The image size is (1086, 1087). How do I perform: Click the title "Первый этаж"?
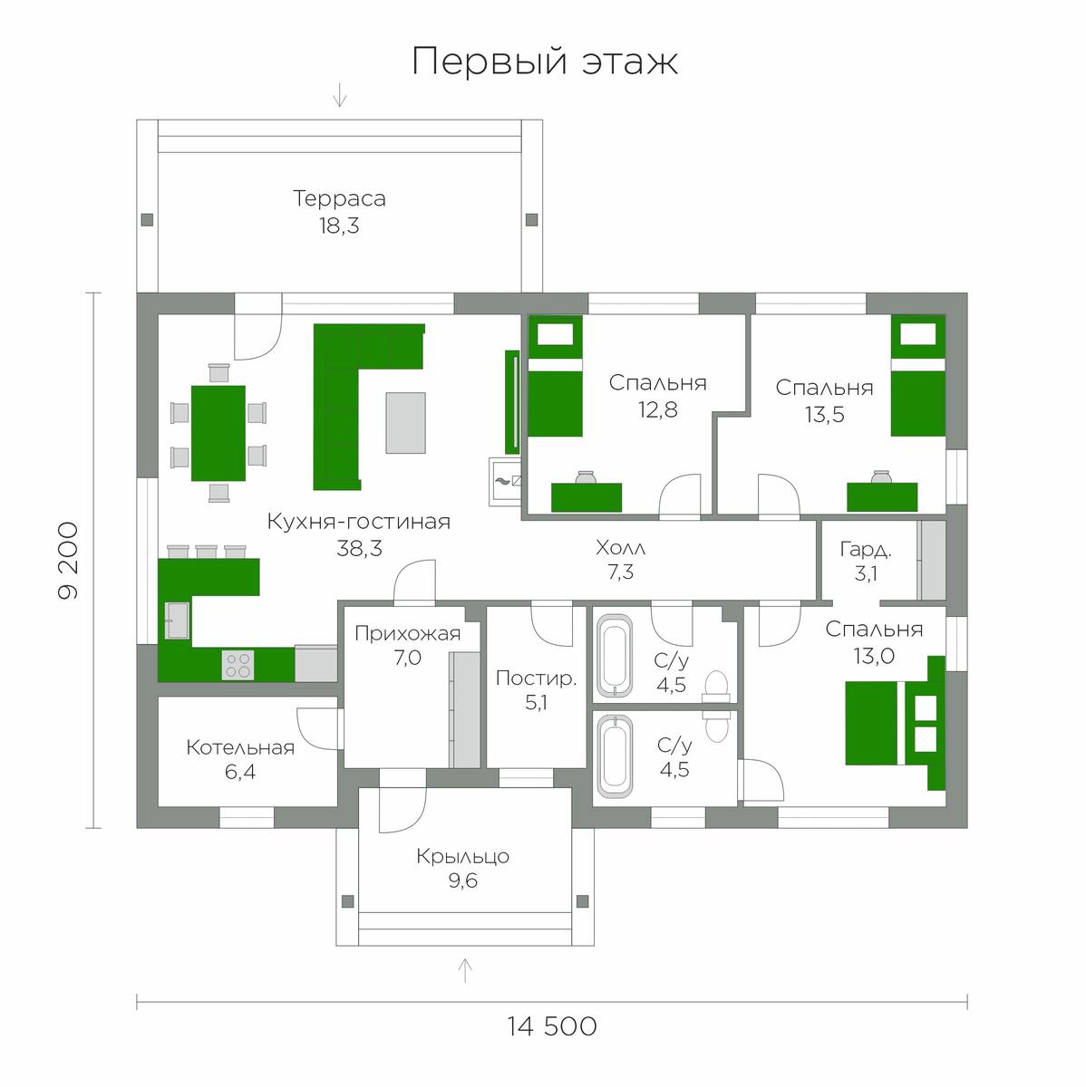coord(545,61)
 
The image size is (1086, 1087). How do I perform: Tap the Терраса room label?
coord(339,198)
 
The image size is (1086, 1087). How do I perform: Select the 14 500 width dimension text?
coord(552,1026)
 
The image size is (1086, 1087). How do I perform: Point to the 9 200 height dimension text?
coord(68,560)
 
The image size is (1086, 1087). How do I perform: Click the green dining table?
coord(218,433)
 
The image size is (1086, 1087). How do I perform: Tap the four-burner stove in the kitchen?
coord(238,665)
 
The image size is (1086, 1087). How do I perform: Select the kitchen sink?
coord(177,620)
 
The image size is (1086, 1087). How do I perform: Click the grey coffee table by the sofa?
coord(405,422)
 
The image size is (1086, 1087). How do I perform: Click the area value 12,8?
coord(658,410)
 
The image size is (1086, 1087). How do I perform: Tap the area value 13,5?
coord(825,415)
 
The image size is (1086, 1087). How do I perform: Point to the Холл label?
coord(620,547)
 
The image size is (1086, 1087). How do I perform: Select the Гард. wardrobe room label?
coord(865,550)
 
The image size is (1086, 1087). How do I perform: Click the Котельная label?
coord(240,747)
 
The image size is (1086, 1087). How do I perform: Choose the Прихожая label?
coord(407,634)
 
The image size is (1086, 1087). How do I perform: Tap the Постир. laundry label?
coord(536,678)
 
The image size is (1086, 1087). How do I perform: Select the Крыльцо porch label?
coord(462,857)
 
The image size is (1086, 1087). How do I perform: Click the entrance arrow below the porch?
coord(465,969)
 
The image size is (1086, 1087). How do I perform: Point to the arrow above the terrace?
coord(339,95)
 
